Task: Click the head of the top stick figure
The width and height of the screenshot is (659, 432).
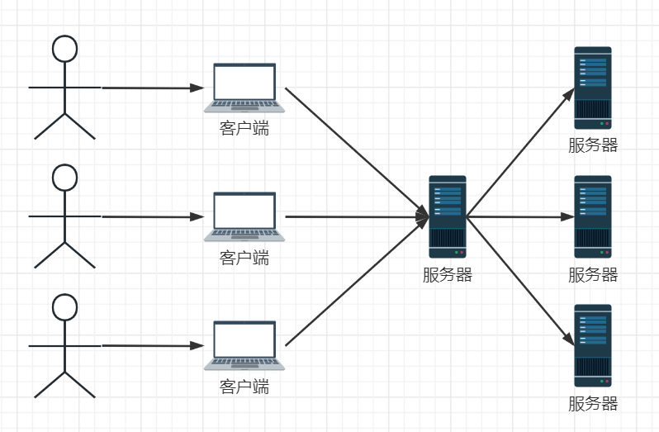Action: coord(64,48)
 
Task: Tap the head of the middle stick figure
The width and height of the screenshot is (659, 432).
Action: coord(64,177)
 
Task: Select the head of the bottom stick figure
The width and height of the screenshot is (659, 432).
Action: coord(64,306)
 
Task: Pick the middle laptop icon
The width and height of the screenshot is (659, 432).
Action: coord(244,216)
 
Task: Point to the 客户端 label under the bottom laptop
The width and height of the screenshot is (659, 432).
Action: coord(244,386)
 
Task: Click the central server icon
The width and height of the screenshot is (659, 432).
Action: coord(448,216)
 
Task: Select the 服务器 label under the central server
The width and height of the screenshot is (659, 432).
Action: coord(448,275)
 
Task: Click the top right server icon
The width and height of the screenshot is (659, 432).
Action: coord(593,87)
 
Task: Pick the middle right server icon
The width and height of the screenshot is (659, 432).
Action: coord(593,216)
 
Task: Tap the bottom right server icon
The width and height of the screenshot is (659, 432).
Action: coord(593,345)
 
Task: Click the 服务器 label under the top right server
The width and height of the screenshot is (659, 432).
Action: coord(593,146)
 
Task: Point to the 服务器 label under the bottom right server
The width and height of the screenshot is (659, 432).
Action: coord(593,404)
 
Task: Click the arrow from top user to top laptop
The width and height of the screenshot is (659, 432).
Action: coord(153,87)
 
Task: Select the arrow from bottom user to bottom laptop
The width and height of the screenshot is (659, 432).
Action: coord(153,345)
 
